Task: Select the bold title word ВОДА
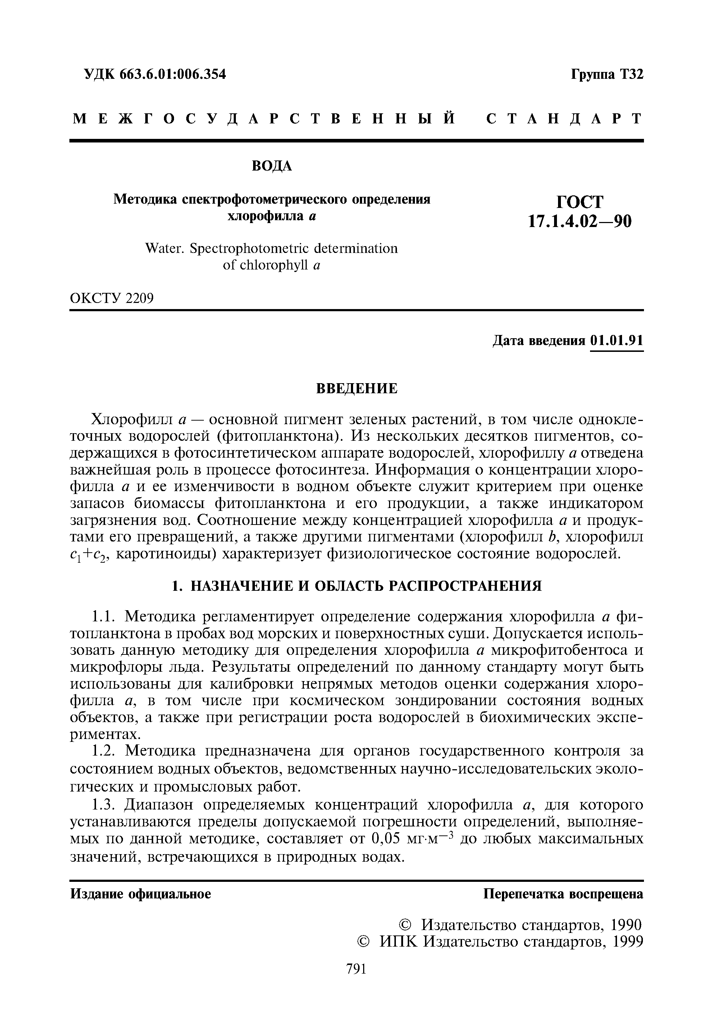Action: click(x=272, y=166)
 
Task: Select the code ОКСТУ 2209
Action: click(x=112, y=298)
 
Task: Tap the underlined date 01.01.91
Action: click(x=616, y=341)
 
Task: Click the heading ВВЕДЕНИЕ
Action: click(x=357, y=389)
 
